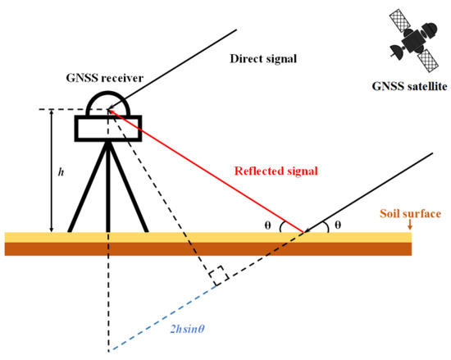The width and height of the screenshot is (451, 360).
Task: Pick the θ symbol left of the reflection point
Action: point(278,222)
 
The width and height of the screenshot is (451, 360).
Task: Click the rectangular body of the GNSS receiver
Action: point(108,126)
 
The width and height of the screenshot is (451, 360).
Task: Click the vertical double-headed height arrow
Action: point(52,171)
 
